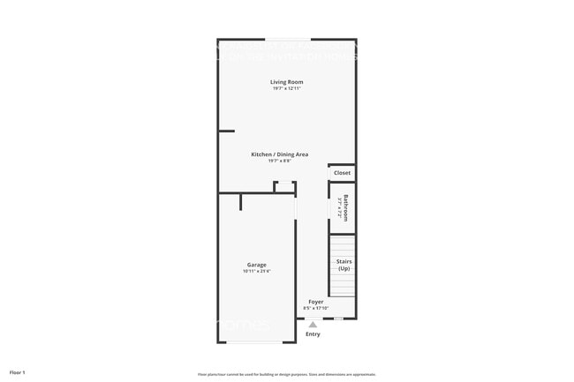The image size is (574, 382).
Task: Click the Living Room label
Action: click(287, 82)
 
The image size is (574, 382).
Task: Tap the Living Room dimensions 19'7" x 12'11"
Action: click(287, 88)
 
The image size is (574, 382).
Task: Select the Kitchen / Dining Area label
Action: click(279, 154)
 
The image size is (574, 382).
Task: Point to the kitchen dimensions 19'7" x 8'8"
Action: click(279, 161)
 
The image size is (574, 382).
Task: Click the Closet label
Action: click(342, 173)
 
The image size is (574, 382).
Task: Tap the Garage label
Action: click(256, 265)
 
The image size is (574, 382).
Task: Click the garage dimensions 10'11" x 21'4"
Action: click(256, 271)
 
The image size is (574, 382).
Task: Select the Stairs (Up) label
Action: click(344, 265)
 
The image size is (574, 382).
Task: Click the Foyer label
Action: click(315, 302)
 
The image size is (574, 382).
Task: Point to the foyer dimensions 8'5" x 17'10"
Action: click(315, 308)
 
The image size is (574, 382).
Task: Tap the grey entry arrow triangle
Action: click(313, 325)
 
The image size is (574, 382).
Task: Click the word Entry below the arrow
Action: click(313, 333)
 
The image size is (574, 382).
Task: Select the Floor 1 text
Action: click(18, 373)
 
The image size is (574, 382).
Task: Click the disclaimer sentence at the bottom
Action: click(286, 373)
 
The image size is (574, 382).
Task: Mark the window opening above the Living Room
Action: click(288, 40)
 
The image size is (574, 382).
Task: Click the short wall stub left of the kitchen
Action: click(226, 131)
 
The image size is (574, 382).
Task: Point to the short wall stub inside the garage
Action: click(241, 202)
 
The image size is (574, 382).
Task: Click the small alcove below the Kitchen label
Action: click(283, 186)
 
